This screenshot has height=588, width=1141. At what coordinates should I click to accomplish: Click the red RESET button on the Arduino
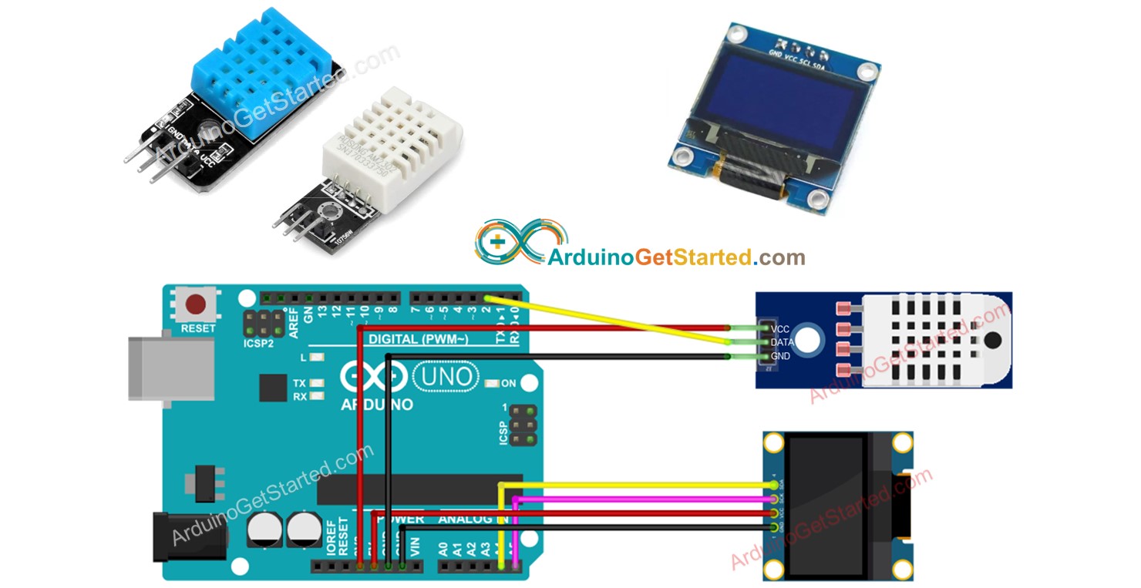[197, 305]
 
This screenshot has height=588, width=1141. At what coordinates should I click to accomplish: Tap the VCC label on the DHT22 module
[779, 328]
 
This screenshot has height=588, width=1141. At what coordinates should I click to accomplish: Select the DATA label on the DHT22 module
[782, 342]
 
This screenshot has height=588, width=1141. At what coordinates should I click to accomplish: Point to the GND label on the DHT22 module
[780, 357]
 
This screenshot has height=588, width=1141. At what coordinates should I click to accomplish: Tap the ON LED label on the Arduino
[508, 383]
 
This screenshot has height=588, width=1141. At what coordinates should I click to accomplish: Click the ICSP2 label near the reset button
[259, 344]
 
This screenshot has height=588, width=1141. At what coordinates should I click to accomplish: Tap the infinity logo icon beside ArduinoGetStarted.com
[510, 244]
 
